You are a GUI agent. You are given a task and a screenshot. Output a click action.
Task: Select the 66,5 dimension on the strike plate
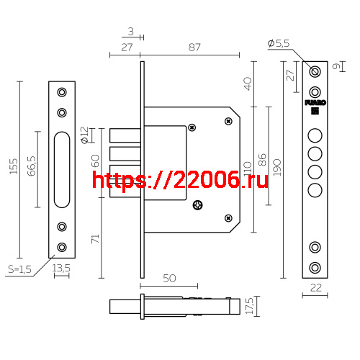[32, 170]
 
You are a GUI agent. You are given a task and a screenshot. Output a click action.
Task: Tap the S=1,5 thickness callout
[19, 269]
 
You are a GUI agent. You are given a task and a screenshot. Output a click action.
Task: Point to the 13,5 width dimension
[62, 268]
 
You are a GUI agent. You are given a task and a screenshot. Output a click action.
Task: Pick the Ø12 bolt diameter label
[85, 133]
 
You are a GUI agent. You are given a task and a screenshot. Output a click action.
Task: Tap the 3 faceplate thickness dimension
[130, 31]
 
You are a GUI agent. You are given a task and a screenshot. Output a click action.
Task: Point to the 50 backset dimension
[170, 279]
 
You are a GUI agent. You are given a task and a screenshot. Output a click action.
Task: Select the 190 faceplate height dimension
[276, 167]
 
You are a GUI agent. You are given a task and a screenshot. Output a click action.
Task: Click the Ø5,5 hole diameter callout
[278, 44]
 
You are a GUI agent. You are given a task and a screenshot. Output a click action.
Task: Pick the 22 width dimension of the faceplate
[314, 288]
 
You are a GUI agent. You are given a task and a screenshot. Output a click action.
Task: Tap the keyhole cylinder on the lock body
[198, 206]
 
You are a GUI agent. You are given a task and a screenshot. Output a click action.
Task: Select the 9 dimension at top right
[337, 66]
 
